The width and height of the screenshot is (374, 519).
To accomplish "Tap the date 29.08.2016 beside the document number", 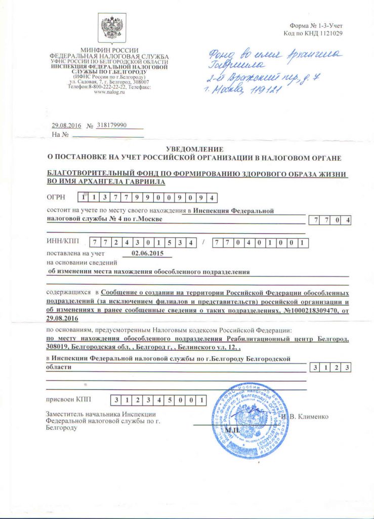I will point(66,125).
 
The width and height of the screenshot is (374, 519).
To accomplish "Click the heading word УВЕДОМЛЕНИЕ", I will point(194,149).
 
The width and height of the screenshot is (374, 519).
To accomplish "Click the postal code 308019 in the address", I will point(57,349).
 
